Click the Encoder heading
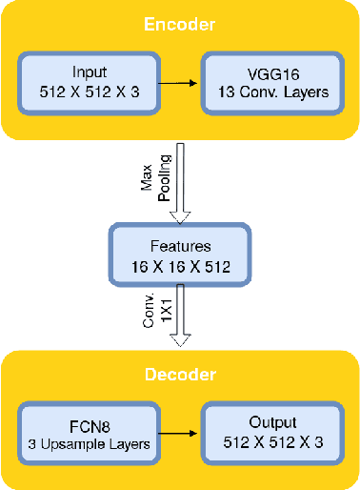click(x=180, y=24)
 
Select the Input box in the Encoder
click(x=90, y=83)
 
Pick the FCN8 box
click(x=90, y=431)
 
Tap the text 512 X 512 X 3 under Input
click(x=90, y=92)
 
